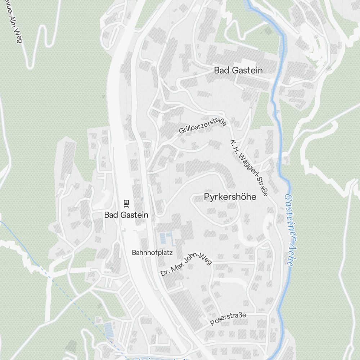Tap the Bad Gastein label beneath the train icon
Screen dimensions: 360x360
pyautogui.click(x=126, y=215)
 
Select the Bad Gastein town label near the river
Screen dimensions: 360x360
pyautogui.click(x=238, y=71)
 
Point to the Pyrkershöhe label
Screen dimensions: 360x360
pyautogui.click(x=230, y=197)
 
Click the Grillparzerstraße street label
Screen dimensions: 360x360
pyautogui.click(x=203, y=126)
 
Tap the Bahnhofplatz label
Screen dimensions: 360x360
pyautogui.click(x=152, y=253)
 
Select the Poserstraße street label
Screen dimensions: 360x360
pyautogui.click(x=228, y=319)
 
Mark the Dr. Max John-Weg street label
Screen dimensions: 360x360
pyautogui.click(x=186, y=264)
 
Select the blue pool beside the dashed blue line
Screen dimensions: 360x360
pyautogui.click(x=108, y=328)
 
